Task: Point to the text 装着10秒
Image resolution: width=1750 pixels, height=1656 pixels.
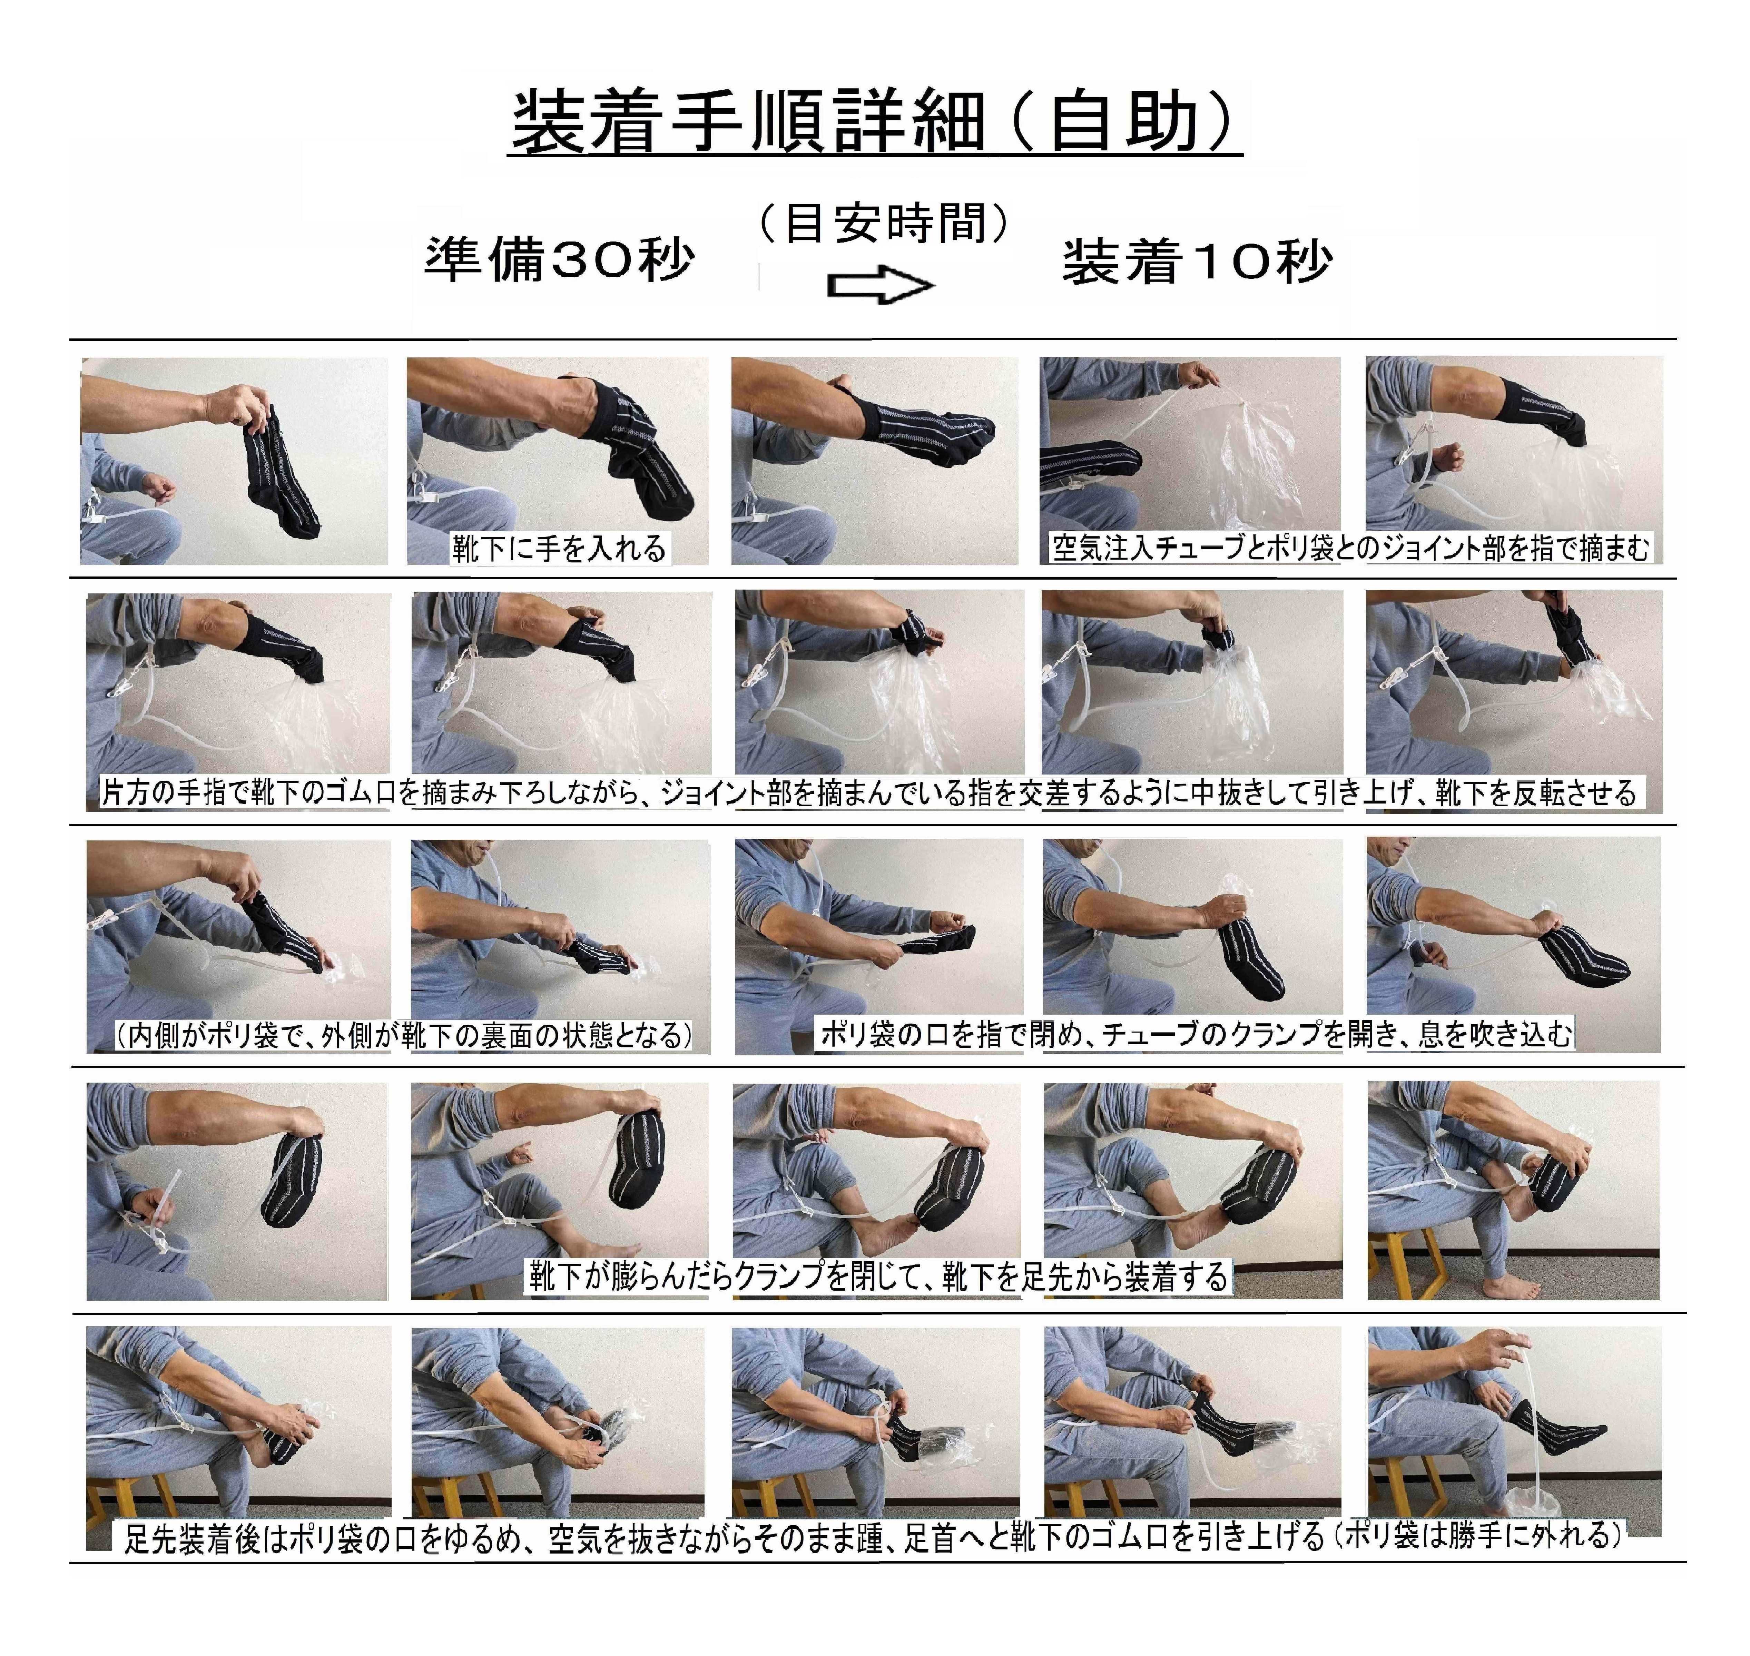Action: (1196, 262)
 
